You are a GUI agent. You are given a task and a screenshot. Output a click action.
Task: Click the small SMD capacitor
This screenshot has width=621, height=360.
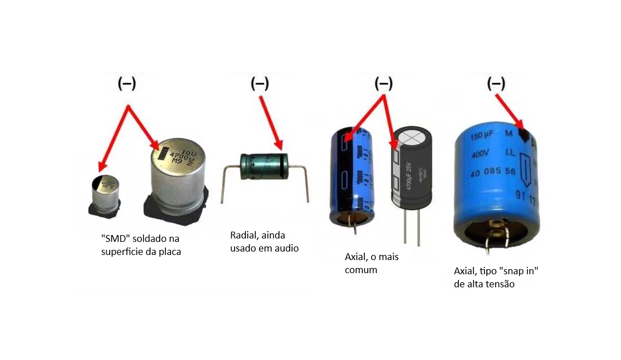point(105,195)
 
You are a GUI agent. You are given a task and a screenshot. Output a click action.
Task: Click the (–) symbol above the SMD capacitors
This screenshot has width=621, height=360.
point(126,84)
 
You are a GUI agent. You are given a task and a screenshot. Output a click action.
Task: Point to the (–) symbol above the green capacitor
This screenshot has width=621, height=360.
point(260,84)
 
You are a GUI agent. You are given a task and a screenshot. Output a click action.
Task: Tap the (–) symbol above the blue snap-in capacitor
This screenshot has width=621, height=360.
point(496,84)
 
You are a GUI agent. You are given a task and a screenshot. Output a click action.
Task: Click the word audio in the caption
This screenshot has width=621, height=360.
point(286,248)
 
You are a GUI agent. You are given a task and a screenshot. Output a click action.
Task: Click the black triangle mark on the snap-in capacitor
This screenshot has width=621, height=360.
point(524,135)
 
